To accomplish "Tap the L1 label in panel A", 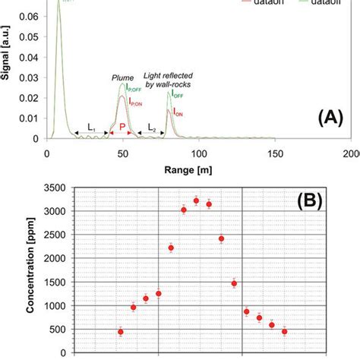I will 91,126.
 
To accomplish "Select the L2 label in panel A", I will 152,126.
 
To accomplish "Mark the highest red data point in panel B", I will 196,201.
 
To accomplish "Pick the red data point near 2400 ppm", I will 221,238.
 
